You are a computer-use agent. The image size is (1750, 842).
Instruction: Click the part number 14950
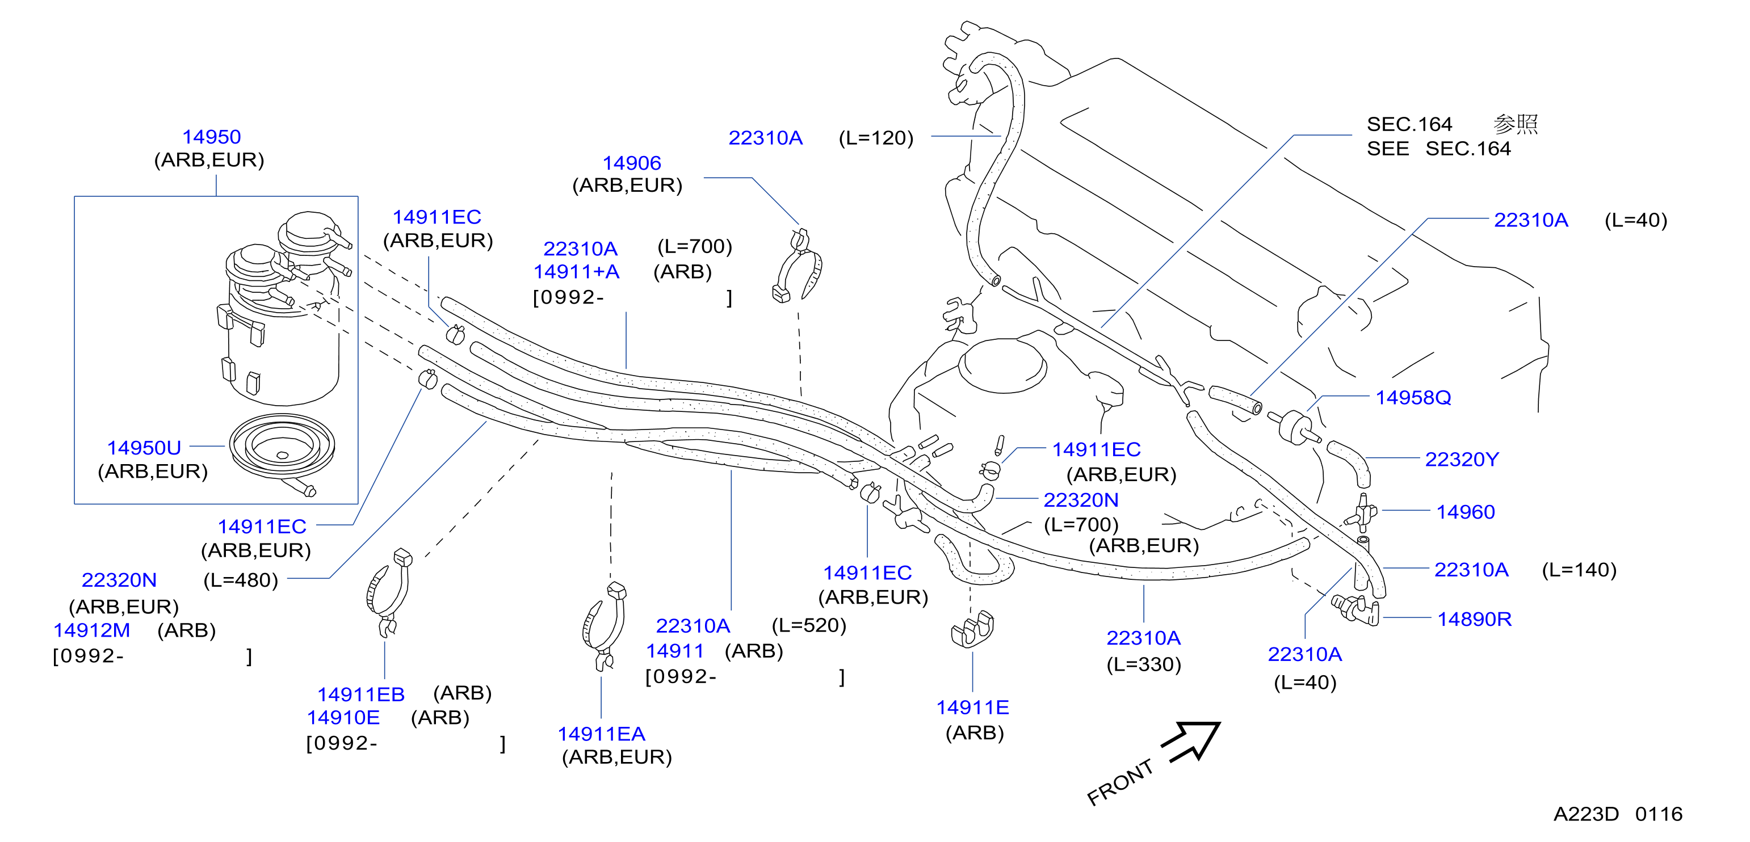click(x=211, y=137)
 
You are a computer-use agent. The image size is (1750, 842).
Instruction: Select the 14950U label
click(x=144, y=448)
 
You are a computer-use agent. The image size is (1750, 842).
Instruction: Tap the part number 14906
click(x=632, y=163)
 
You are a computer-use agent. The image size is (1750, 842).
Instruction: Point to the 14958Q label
click(x=1413, y=397)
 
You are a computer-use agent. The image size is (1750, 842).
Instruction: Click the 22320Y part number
click(x=1461, y=459)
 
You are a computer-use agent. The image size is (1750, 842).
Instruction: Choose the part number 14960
click(x=1466, y=511)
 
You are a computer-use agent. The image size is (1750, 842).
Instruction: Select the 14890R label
click(x=1474, y=618)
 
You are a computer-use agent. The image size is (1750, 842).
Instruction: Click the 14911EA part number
click(x=601, y=734)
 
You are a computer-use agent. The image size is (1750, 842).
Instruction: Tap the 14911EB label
click(x=361, y=694)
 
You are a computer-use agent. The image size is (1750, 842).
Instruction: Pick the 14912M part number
click(x=92, y=630)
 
